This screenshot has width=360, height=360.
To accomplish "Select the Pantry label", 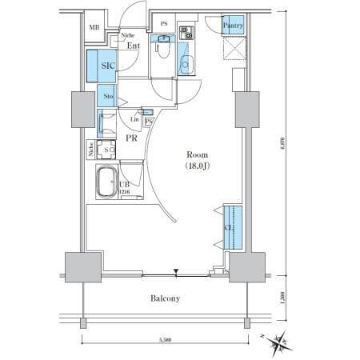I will pyautogui.click(x=233, y=26).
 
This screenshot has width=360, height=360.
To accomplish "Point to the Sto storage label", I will pyautogui.click(x=108, y=97).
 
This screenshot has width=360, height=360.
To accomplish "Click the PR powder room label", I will pyautogui.click(x=133, y=138).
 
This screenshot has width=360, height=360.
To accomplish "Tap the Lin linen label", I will pyautogui.click(x=134, y=118).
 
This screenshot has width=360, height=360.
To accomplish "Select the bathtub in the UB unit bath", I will pyautogui.click(x=106, y=185).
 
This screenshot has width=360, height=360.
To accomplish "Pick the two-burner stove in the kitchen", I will pyautogui.click(x=186, y=34).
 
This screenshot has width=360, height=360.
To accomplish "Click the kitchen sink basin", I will pyautogui.click(x=186, y=63).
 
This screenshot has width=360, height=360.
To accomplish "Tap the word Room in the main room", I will pyautogui.click(x=197, y=155).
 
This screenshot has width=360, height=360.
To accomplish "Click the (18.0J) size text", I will pyautogui.click(x=197, y=167).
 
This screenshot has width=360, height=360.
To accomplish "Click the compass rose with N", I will pyautogui.click(x=280, y=342).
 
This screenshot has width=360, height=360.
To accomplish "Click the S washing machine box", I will pyautogui.click(x=106, y=150).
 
